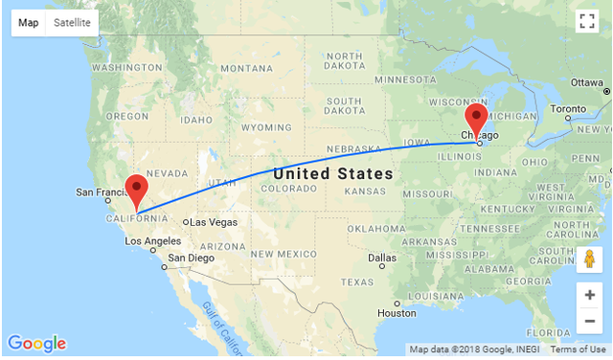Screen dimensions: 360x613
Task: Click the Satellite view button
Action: pyautogui.click(x=73, y=22)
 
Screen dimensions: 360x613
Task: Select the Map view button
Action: pyautogui.click(x=29, y=22)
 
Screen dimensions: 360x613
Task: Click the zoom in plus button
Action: pyautogui.click(x=590, y=295)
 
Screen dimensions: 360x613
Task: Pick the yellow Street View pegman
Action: pyautogui.click(x=590, y=259)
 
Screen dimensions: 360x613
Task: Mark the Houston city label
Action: pyautogui.click(x=397, y=313)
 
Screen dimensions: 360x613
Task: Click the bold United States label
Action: pyautogui.click(x=332, y=174)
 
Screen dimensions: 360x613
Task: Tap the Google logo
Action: pyautogui.click(x=36, y=344)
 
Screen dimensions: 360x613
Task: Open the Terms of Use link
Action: pyautogui.click(x=578, y=349)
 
